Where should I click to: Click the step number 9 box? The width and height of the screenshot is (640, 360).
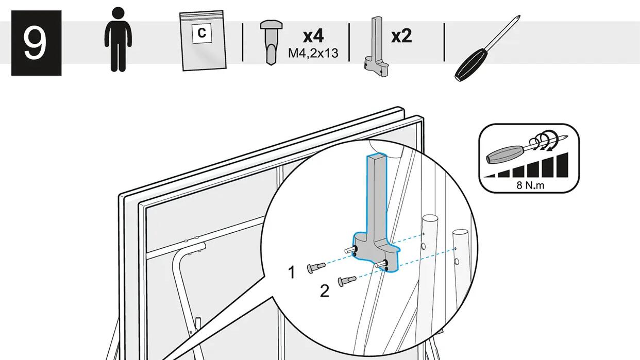tap(36, 43)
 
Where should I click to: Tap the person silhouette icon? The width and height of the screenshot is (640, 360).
tap(118, 39)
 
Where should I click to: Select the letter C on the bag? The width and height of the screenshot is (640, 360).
tap(201, 33)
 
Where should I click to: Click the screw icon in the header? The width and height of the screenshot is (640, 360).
tap(271, 42)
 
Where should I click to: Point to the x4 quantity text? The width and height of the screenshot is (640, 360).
tap(313, 36)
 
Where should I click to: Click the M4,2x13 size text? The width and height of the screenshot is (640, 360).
tap(313, 53)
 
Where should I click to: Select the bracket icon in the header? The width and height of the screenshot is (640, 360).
tap(376, 47)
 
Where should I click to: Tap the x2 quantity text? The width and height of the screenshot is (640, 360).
tap(401, 36)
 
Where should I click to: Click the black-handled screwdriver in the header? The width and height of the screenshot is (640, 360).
tap(487, 48)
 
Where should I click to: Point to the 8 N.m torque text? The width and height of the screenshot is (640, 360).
tap(530, 185)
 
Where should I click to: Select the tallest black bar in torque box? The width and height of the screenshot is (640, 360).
tap(563, 165)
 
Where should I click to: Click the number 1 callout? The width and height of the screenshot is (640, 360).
tap(292, 272)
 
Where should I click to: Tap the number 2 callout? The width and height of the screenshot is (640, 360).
tap(325, 291)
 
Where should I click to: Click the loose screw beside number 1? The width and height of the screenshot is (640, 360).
tap(316, 267)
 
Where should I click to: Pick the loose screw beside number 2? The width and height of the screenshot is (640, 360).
tap(347, 281)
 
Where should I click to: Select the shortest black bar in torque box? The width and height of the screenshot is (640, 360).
tap(490, 176)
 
